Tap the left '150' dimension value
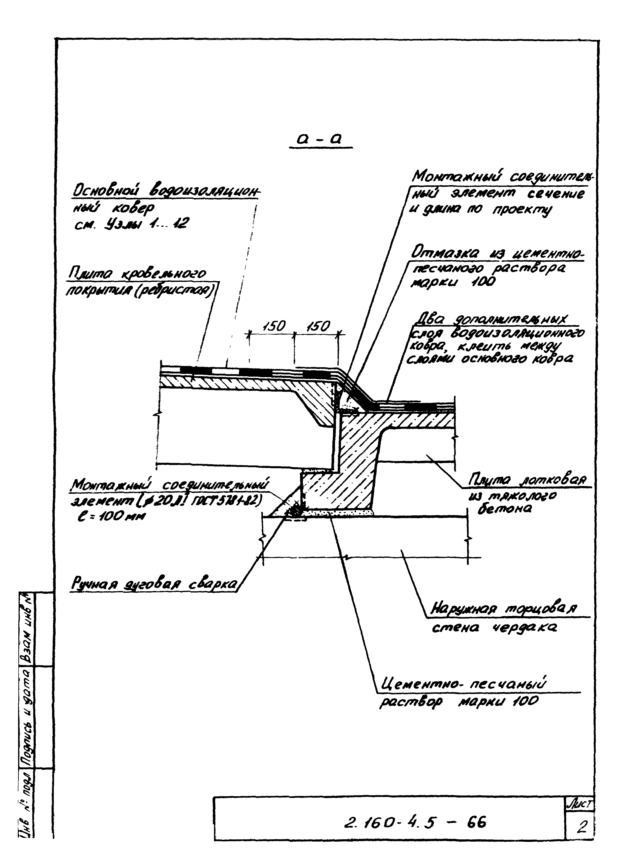(x=274, y=327)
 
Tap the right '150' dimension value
(x=318, y=327)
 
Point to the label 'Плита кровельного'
(x=137, y=274)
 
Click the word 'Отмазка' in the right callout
(x=445, y=254)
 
